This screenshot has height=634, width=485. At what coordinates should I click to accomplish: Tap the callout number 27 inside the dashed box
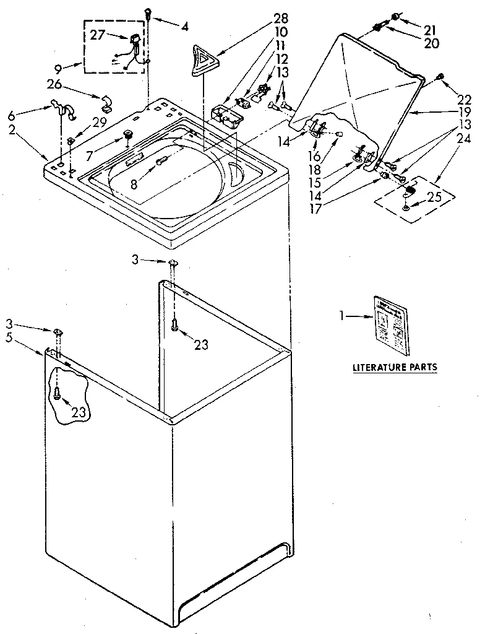(x=98, y=35)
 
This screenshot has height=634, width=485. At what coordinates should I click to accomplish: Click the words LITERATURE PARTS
(x=394, y=367)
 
